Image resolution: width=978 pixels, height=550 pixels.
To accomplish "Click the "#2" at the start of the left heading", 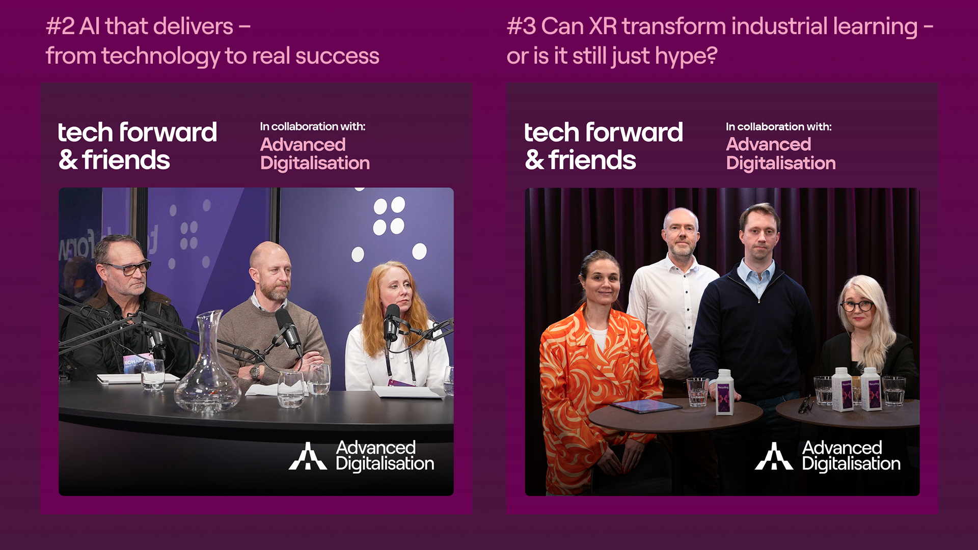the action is [60, 26].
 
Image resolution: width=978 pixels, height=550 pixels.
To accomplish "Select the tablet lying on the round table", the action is [646, 406].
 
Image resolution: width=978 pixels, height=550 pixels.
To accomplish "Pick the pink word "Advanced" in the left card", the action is [303, 145].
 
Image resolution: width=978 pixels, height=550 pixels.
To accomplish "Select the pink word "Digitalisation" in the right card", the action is [781, 163].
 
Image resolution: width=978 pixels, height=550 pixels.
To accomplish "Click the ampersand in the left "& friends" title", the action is [68, 160].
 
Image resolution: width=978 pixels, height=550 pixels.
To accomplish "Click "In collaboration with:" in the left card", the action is [313, 126].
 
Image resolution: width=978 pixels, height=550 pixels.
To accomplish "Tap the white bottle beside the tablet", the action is [724, 392].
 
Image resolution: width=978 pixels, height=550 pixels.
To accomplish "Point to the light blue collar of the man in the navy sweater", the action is [758, 276].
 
